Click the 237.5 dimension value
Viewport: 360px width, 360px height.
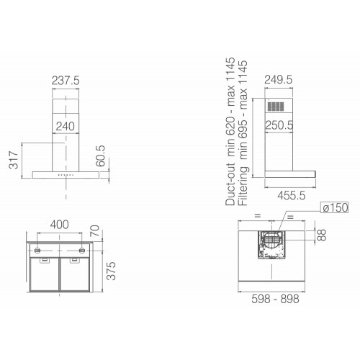click(66, 81)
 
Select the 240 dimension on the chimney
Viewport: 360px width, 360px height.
click(66, 126)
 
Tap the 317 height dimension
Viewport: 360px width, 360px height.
click(14, 160)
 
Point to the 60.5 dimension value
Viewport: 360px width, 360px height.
click(100, 156)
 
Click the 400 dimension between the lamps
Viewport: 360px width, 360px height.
click(60, 225)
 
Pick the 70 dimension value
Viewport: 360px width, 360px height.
click(95, 230)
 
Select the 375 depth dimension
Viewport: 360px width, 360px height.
click(111, 271)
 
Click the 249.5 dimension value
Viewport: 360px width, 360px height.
click(279, 80)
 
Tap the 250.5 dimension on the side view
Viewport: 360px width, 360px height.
click(279, 125)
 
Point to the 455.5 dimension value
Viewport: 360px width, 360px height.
click(292, 196)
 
